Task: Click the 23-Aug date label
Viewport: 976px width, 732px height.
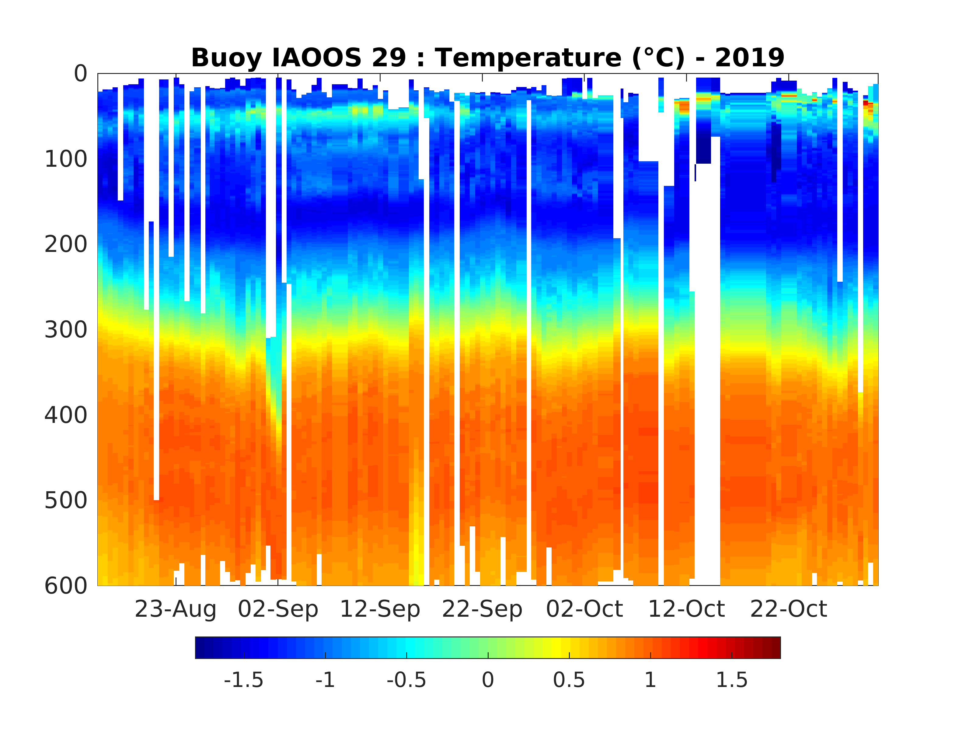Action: click(x=175, y=609)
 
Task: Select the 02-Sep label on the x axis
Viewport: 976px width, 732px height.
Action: click(x=278, y=609)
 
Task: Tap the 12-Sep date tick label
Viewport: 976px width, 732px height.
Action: click(x=380, y=609)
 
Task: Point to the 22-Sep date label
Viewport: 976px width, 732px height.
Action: click(x=482, y=609)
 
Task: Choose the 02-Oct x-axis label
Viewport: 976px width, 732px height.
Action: click(x=584, y=609)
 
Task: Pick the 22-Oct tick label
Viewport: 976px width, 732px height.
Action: click(x=789, y=609)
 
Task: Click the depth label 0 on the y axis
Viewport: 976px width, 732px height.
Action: click(x=81, y=74)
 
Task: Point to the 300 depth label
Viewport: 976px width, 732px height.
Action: click(x=66, y=329)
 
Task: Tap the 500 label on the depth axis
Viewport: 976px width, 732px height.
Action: click(x=66, y=500)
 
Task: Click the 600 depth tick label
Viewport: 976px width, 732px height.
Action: click(x=66, y=586)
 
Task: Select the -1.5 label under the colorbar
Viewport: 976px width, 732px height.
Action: click(x=244, y=680)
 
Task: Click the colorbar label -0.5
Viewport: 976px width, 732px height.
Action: click(x=406, y=680)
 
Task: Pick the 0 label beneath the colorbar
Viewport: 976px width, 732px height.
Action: click(x=488, y=680)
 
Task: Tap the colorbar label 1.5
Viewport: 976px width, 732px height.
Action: click(x=732, y=680)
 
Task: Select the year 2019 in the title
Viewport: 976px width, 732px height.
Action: click(x=750, y=58)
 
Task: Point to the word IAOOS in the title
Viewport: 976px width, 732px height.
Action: click(x=317, y=58)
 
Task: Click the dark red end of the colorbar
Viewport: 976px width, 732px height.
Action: click(x=775, y=647)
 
